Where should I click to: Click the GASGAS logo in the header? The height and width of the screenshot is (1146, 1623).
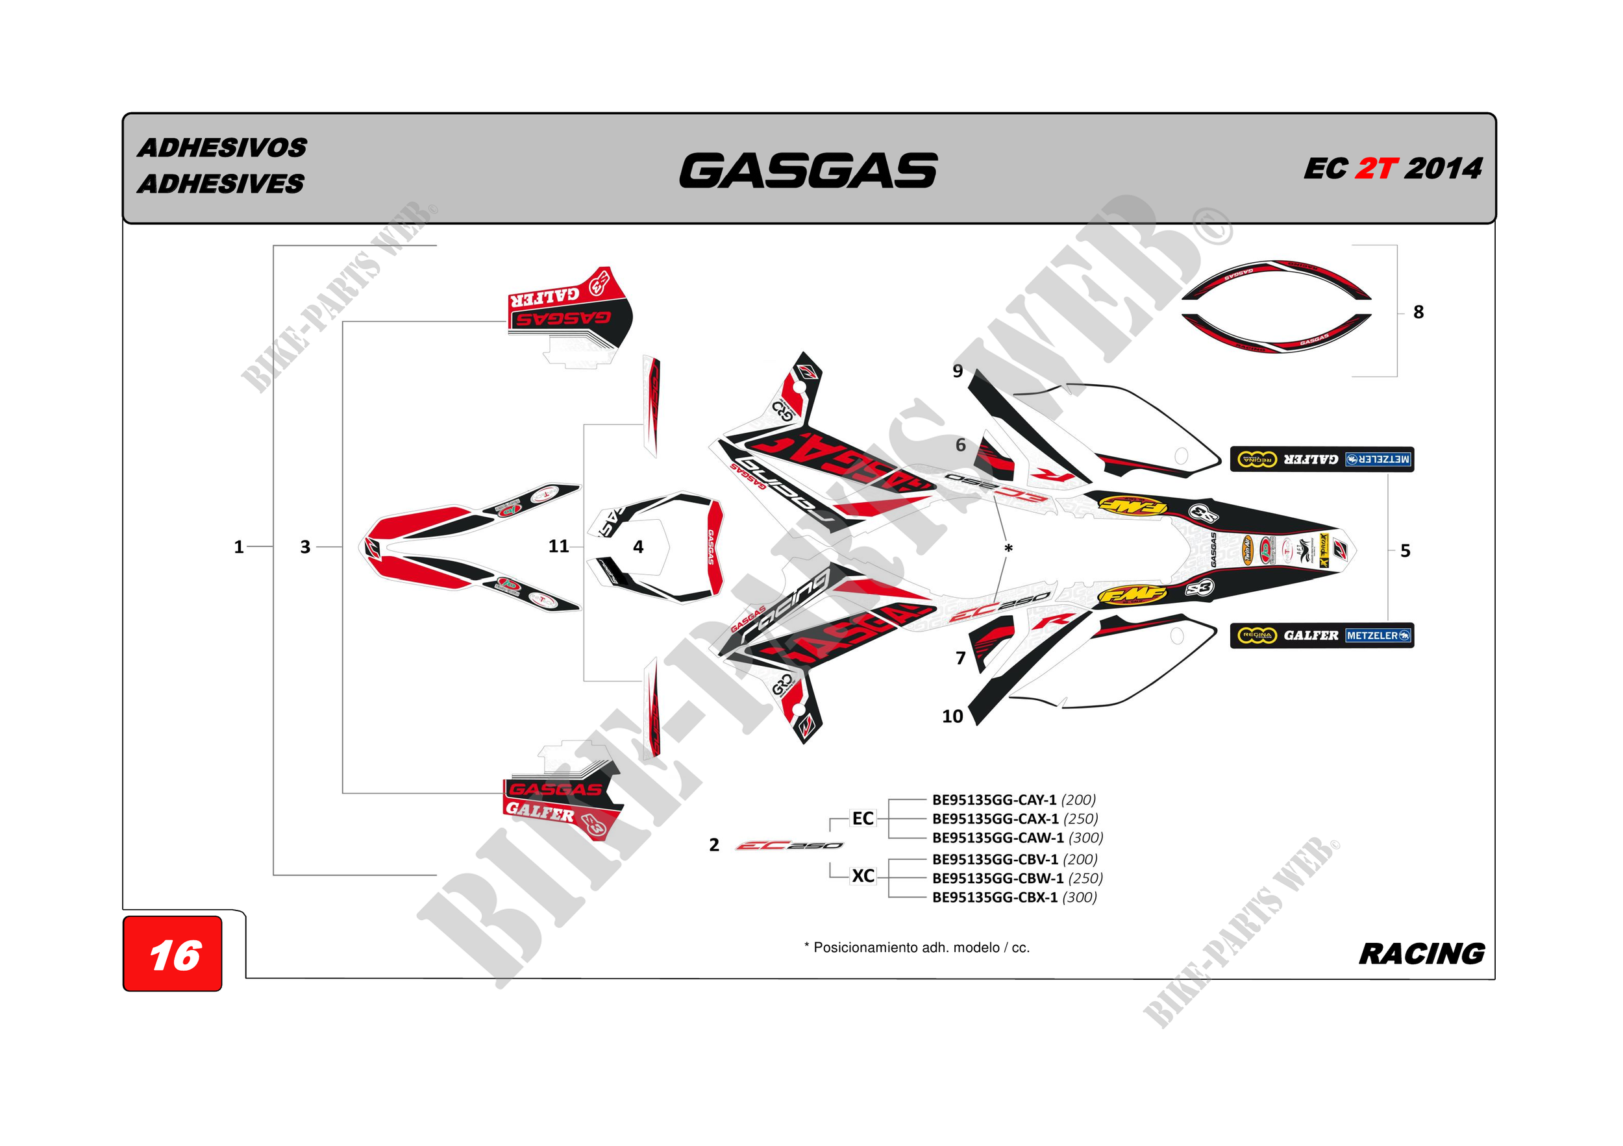(808, 171)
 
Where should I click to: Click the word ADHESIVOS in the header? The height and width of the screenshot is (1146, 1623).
(222, 148)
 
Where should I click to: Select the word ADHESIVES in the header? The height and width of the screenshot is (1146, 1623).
(221, 184)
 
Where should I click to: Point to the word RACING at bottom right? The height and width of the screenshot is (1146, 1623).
(1422, 954)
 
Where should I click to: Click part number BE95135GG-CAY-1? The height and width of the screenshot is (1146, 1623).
(994, 799)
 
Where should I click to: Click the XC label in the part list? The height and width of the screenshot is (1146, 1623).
(863, 876)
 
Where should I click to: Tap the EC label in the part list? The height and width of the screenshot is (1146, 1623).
(863, 818)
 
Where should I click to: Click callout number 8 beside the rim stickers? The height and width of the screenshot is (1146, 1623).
(1418, 312)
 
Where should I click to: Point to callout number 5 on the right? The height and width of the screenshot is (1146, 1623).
(1406, 551)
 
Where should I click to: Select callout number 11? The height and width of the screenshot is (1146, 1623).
(558, 546)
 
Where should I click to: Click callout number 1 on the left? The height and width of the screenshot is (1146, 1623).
(239, 547)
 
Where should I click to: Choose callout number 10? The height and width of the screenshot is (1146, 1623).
(952, 716)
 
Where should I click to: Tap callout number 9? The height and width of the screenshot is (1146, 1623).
(958, 371)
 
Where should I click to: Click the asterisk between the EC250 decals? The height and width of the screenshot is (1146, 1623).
(1009, 549)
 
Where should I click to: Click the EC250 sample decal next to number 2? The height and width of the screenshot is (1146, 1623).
(789, 846)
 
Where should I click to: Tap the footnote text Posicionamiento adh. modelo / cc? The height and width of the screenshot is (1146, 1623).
(917, 947)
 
